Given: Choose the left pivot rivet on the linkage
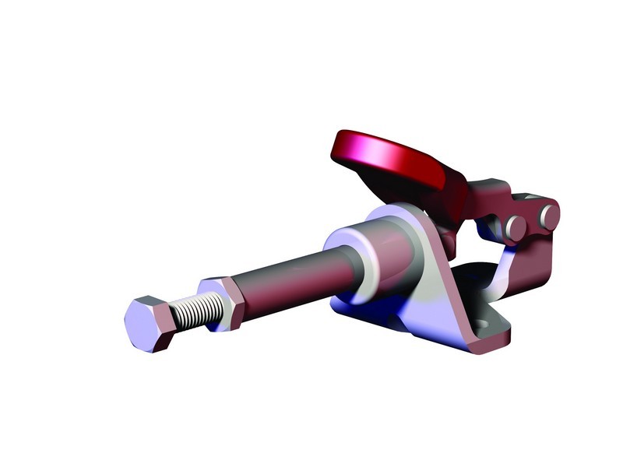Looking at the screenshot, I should [x=515, y=226].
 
